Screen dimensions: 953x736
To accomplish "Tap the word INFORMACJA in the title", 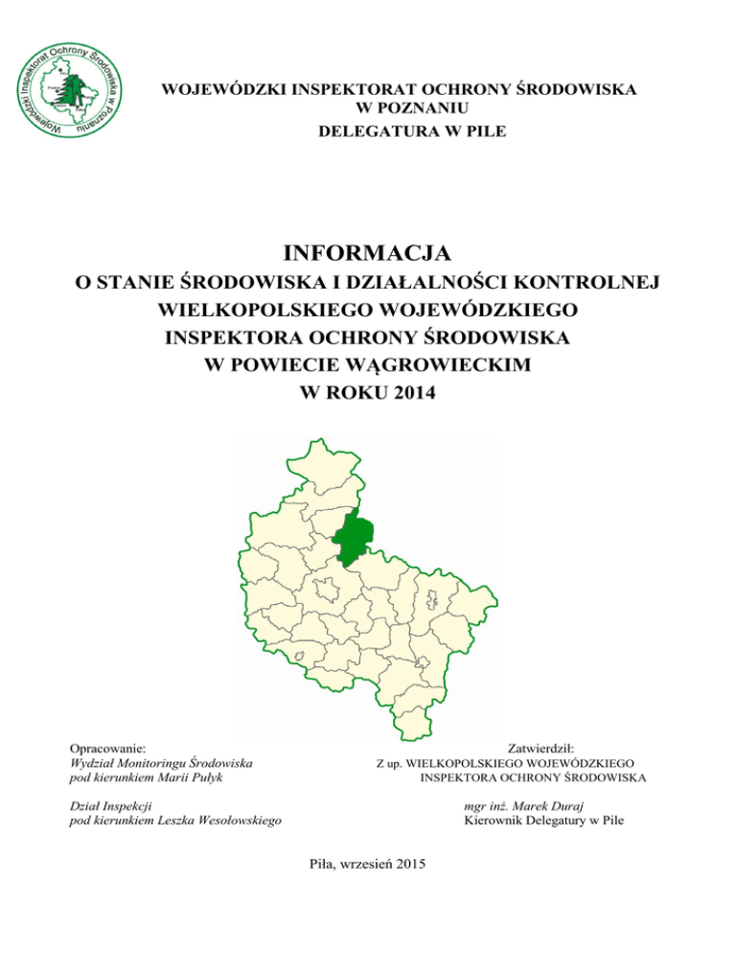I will pyautogui.click(x=368, y=254).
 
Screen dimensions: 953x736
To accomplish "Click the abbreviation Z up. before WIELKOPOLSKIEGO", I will pyautogui.click(x=388, y=763).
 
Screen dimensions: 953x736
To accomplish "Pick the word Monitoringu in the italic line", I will pyautogui.click(x=154, y=762).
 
